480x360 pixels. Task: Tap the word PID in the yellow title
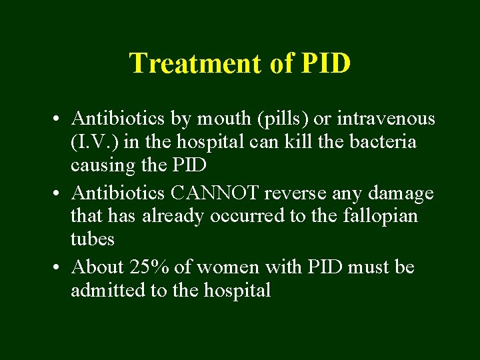coord(326,63)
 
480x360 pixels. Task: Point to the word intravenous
coord(385,119)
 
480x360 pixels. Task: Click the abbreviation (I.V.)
coord(93,142)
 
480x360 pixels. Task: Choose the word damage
coord(401,193)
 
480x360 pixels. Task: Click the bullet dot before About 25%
coord(59,268)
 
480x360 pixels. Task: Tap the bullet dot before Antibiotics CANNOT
coord(59,194)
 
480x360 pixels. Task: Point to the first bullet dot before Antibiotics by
coord(59,120)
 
